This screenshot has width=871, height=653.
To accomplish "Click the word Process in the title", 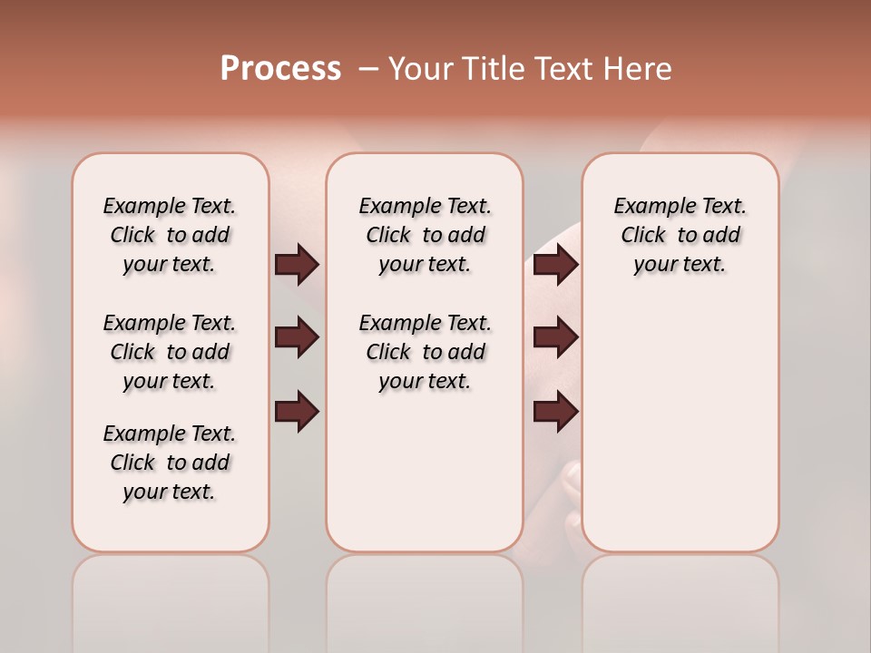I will tap(280, 69).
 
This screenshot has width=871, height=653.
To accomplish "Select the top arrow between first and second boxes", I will tap(297, 264).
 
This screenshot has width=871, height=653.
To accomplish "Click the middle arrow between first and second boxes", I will tap(297, 337).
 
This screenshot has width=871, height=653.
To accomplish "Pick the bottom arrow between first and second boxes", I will tap(297, 412).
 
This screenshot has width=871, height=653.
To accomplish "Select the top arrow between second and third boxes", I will tap(555, 264).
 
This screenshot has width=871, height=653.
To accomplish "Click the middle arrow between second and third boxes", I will tap(555, 337).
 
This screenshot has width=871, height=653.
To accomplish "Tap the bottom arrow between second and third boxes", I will tap(555, 412).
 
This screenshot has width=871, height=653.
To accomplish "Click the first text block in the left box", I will tap(170, 235).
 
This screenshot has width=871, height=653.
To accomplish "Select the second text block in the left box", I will tap(170, 352).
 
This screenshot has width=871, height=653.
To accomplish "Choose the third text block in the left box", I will tap(170, 463).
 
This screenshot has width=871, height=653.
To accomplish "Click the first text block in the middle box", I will tap(425, 235).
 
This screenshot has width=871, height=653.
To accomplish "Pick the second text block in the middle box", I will tap(425, 352).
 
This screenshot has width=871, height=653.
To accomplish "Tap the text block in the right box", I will tap(680, 235).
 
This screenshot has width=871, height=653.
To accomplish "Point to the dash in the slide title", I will tap(368, 69).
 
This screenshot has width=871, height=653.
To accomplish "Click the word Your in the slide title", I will tap(421, 69).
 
